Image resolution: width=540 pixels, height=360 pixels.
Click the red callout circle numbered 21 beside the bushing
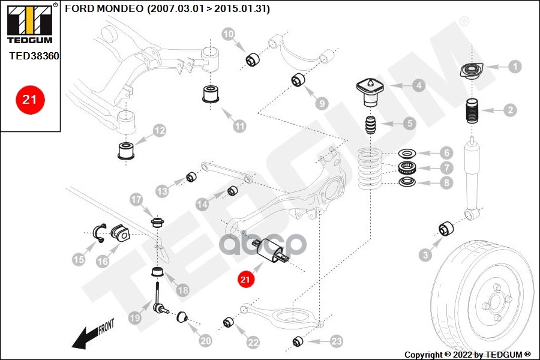[245, 278]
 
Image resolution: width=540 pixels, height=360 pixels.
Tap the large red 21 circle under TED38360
[30, 100]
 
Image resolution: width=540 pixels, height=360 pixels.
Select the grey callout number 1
[514, 67]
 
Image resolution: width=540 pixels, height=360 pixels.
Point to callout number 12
[159, 130]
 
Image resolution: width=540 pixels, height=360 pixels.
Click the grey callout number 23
[336, 341]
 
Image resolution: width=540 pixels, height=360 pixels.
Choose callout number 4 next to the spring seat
[418, 86]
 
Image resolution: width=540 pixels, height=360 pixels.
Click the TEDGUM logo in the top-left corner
[30, 24]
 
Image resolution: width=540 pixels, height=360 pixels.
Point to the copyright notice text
[467, 354]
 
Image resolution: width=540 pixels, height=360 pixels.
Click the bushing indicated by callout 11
[211, 94]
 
